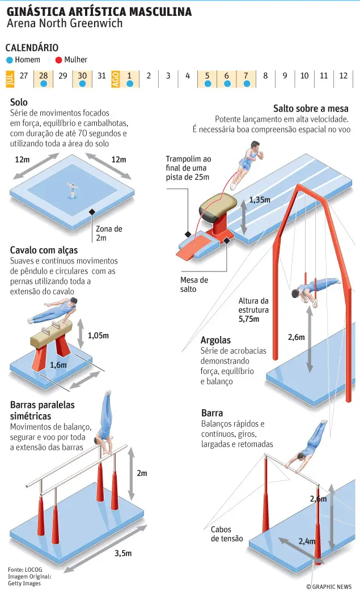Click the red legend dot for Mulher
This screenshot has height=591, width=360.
(x=58, y=60)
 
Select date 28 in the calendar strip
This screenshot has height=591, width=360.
(x=43, y=76)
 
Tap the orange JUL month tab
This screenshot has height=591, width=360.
(x=10, y=79)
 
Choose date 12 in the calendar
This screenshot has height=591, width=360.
(x=343, y=76)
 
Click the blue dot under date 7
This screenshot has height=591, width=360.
(x=247, y=84)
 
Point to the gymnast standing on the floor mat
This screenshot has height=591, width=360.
(x=71, y=190)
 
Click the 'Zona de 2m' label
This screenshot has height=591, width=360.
(x=109, y=233)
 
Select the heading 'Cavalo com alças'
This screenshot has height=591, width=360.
(x=44, y=250)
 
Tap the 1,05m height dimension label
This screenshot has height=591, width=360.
(x=99, y=335)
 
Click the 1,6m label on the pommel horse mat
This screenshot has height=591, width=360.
(x=58, y=365)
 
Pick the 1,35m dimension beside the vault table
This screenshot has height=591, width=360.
(x=260, y=200)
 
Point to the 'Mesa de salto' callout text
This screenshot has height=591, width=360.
(x=194, y=284)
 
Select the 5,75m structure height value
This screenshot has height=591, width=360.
(x=249, y=319)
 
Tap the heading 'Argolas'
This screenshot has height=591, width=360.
(x=215, y=341)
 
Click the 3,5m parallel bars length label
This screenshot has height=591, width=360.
(x=123, y=553)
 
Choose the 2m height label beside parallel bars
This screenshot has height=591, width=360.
(x=142, y=473)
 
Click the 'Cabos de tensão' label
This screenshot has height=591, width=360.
(x=227, y=534)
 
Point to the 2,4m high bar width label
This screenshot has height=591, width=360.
(x=307, y=541)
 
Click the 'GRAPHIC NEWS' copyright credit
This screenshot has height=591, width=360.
(x=329, y=586)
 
